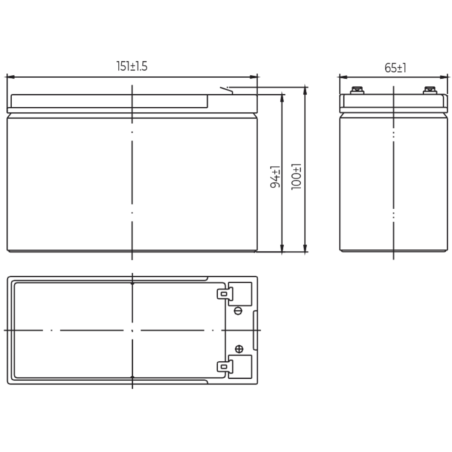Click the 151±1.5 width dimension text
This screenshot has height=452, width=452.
pyautogui.click(x=132, y=66)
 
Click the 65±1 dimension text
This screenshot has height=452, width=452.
pyautogui.click(x=395, y=68)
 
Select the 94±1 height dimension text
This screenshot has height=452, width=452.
pyautogui.click(x=275, y=177)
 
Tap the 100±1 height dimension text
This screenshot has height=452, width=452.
pyautogui.click(x=296, y=177)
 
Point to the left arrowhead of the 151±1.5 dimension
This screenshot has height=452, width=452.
pyautogui.click(x=11, y=77)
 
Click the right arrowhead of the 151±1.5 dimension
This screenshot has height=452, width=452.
pyautogui.click(x=253, y=77)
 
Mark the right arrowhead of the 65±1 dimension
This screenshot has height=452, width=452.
pyautogui.click(x=444, y=77)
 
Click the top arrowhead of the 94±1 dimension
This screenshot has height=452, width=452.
pyautogui.click(x=282, y=98)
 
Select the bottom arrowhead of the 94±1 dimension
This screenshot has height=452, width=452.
pyautogui.click(x=282, y=248)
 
